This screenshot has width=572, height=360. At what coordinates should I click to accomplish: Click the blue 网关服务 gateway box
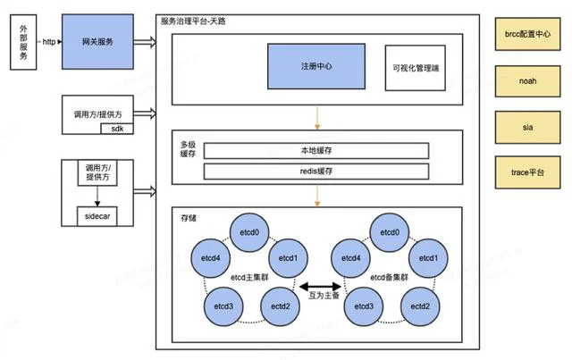click(x=97, y=42)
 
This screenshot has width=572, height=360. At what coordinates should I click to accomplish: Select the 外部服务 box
click(x=23, y=42)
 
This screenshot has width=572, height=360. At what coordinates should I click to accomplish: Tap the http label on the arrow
click(x=49, y=42)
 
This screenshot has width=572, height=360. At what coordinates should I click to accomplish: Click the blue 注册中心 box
click(x=316, y=66)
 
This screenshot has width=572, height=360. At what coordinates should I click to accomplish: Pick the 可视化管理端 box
click(x=416, y=68)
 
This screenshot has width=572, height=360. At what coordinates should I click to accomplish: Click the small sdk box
click(x=117, y=129)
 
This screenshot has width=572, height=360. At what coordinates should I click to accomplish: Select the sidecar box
click(x=97, y=216)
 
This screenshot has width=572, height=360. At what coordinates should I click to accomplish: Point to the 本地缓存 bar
click(x=316, y=151)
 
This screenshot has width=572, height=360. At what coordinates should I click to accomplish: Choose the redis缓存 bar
click(x=316, y=171)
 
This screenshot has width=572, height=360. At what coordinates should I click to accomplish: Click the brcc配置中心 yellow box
click(x=527, y=34)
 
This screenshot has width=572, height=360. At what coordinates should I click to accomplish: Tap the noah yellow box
click(x=527, y=81)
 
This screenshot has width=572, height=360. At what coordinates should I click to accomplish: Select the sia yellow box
click(x=527, y=127)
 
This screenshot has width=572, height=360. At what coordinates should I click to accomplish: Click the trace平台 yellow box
click(x=527, y=172)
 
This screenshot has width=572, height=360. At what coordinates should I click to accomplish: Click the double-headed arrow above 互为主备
click(x=320, y=287)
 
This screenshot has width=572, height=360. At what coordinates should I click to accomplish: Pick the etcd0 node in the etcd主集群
click(x=249, y=232)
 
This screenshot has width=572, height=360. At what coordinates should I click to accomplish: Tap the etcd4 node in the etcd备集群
click(x=351, y=258)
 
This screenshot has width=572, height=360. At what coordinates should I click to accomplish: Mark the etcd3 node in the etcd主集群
click(x=223, y=306)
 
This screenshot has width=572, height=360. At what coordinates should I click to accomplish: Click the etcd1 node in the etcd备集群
click(x=428, y=258)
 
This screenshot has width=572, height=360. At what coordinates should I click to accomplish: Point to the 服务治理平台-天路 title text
click(x=193, y=21)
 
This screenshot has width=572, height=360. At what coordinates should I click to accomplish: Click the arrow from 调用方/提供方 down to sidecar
click(x=97, y=197)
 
